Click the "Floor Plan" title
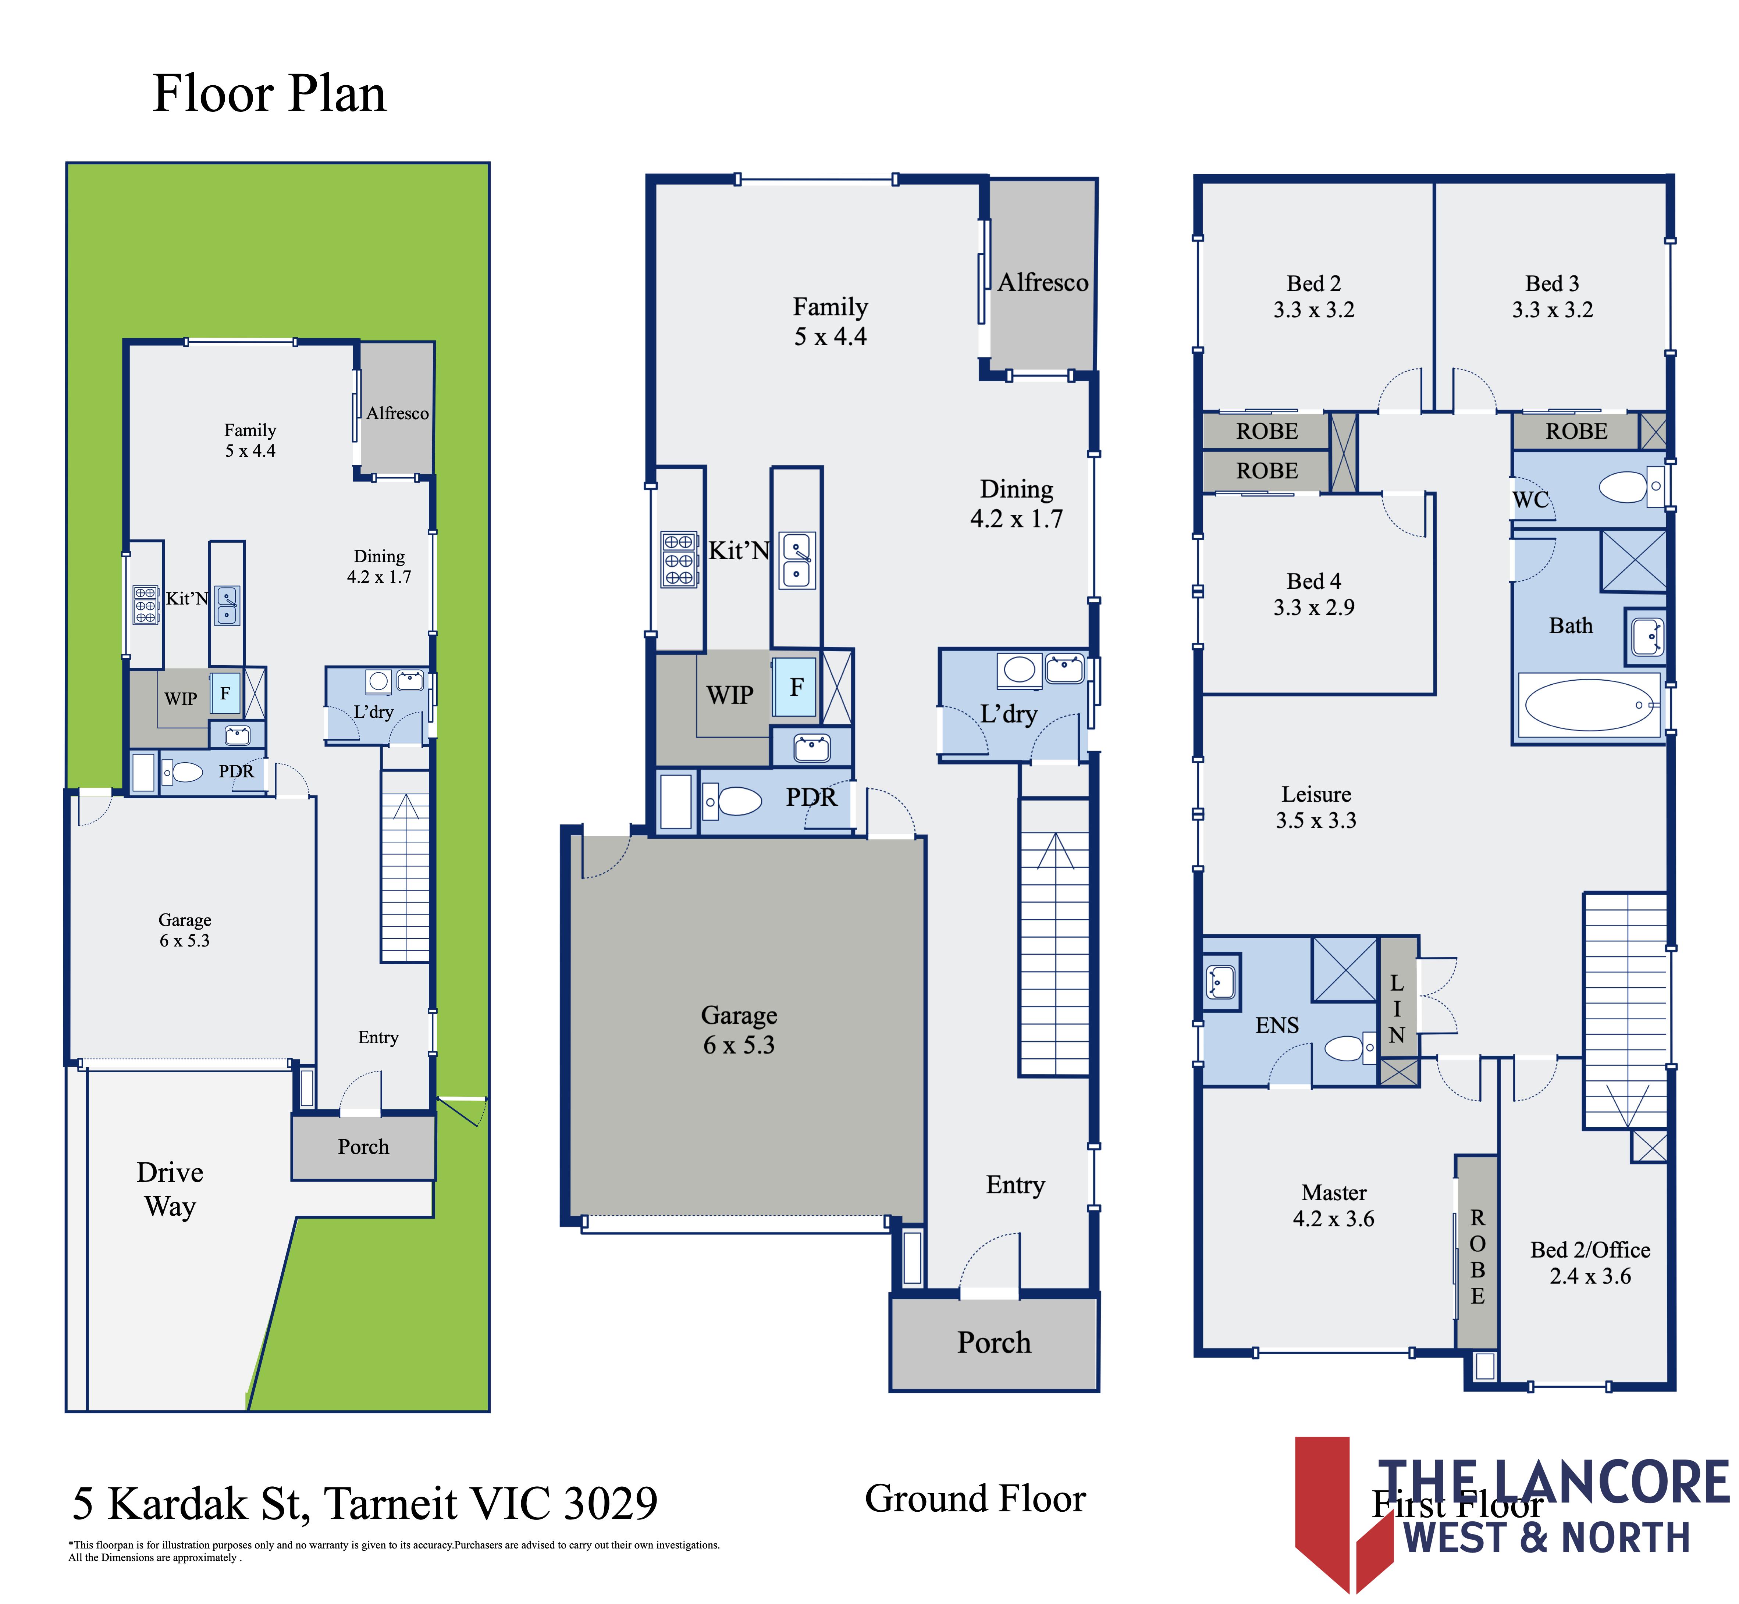[x=269, y=94]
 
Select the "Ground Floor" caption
[x=975, y=1499]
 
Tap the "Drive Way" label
[x=170, y=1189]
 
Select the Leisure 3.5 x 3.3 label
[x=1316, y=807]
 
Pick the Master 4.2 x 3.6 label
[x=1334, y=1206]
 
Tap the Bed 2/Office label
[x=1590, y=1263]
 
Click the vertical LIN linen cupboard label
[x=1396, y=1009]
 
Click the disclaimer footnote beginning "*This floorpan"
[x=394, y=1551]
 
